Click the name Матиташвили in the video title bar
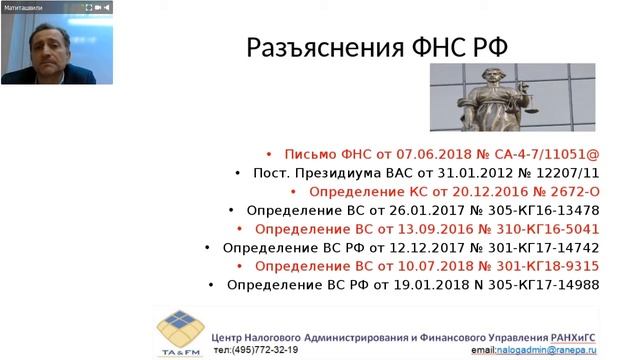pos(25,7)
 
